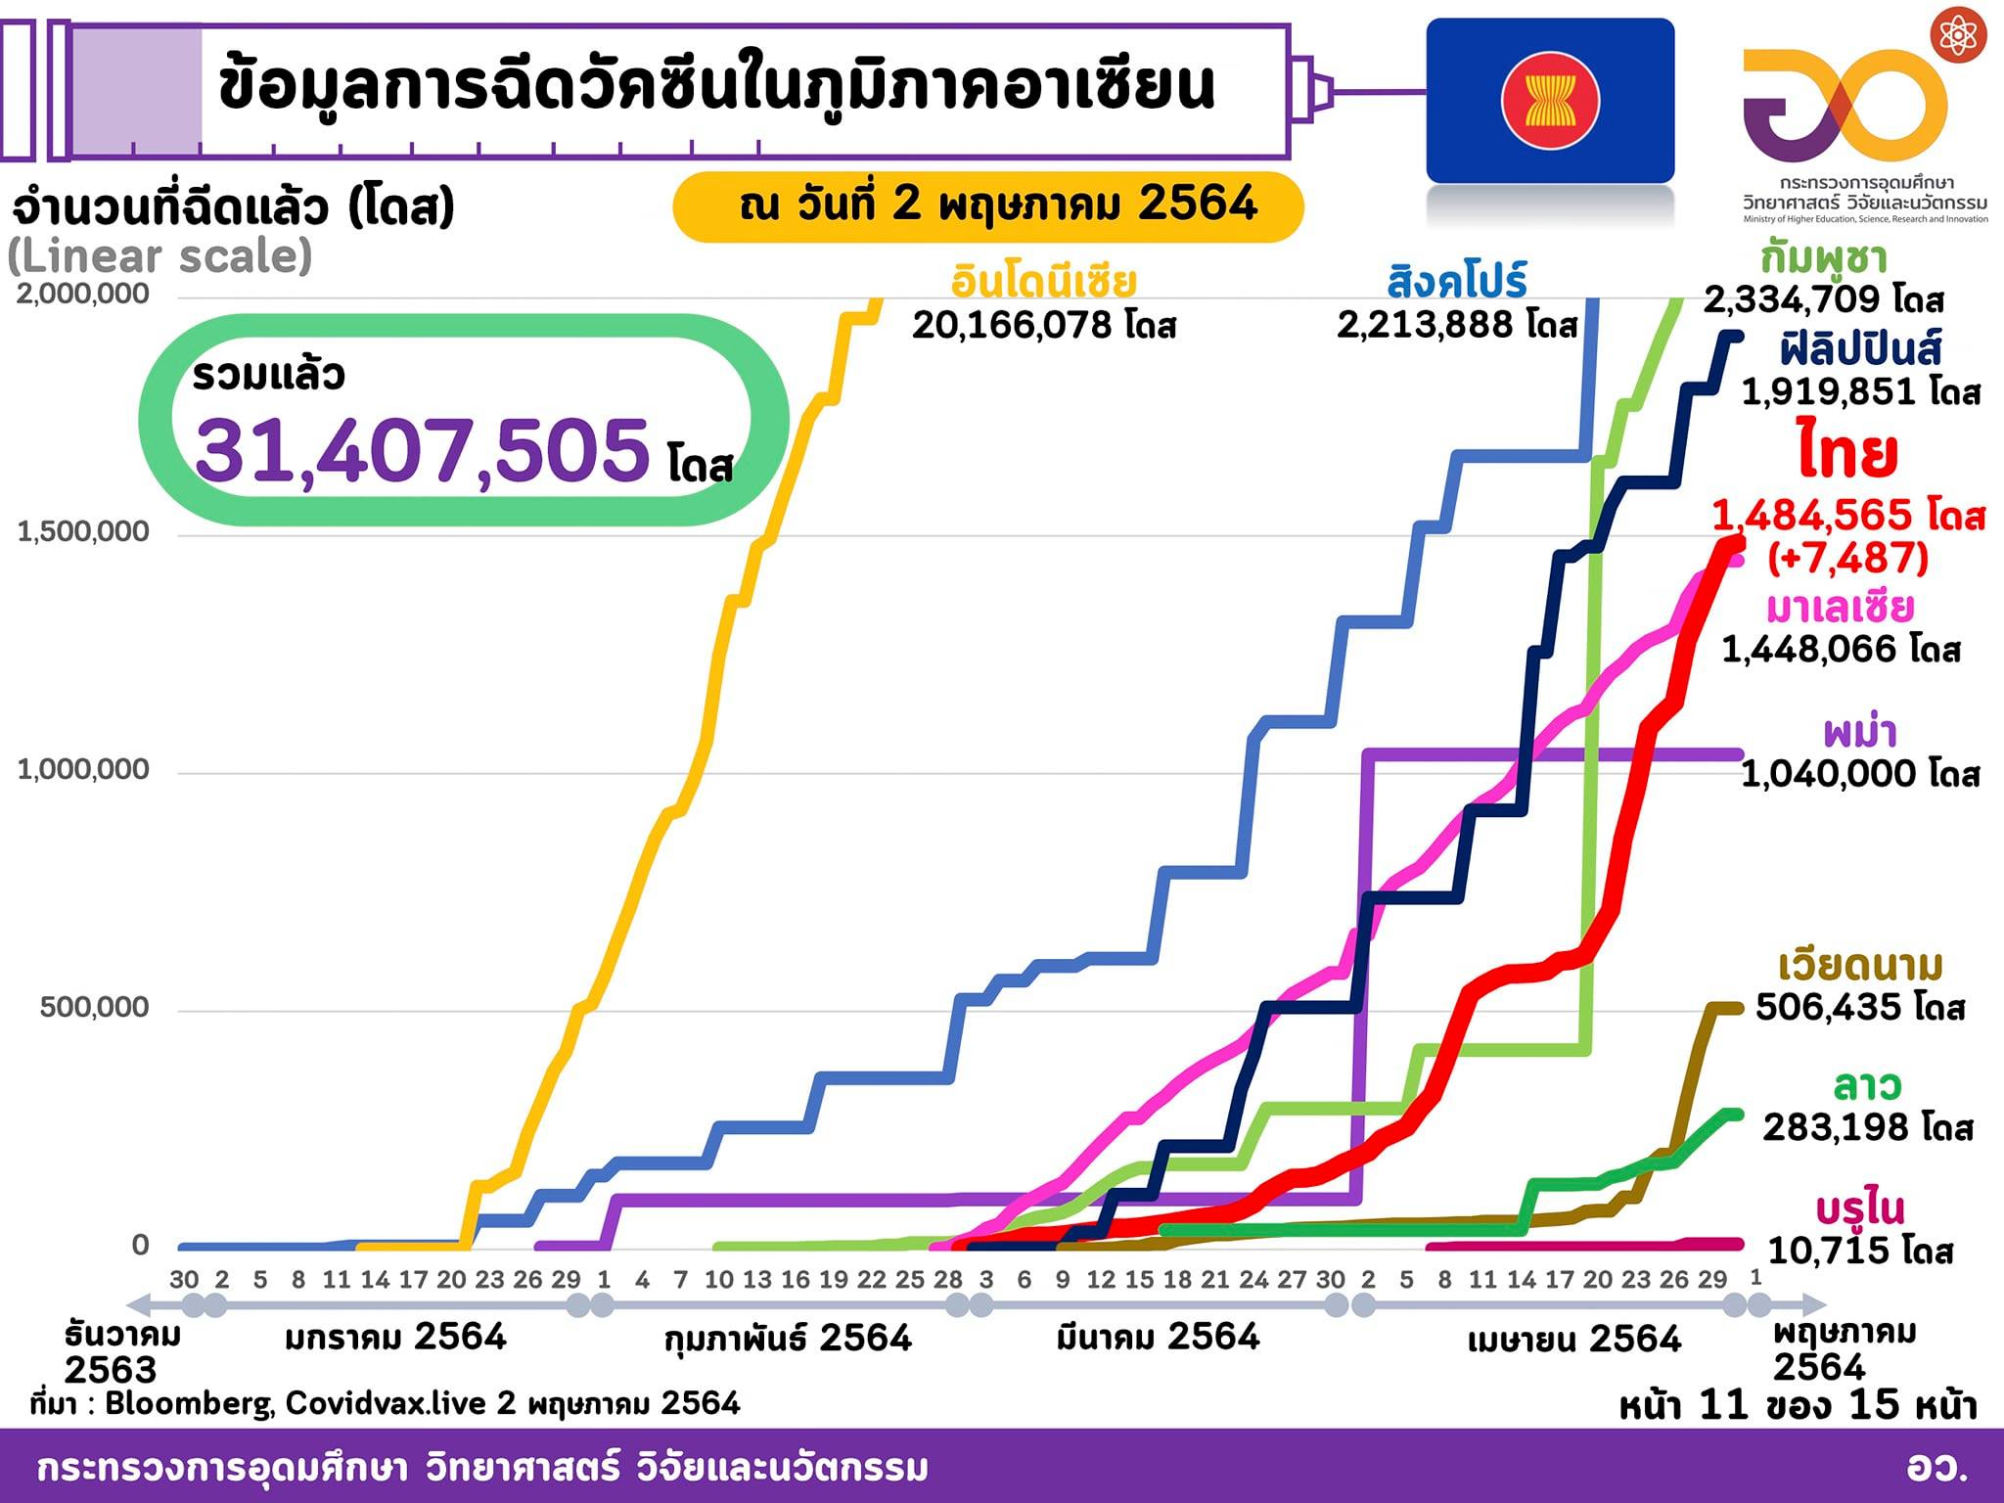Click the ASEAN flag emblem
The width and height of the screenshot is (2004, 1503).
(x=1550, y=101)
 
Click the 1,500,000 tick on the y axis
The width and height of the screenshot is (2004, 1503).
(x=83, y=531)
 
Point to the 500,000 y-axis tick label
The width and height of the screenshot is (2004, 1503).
(x=94, y=1007)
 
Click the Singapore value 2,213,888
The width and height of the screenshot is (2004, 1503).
(x=1432, y=325)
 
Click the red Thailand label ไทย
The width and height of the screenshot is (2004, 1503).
(x=1847, y=453)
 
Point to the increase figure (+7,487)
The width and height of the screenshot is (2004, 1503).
(x=1847, y=558)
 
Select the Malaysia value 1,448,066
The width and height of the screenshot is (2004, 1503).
(x=1816, y=649)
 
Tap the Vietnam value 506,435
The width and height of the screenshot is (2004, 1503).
(x=1835, y=1007)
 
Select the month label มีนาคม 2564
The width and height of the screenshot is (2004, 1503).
(x=1158, y=1337)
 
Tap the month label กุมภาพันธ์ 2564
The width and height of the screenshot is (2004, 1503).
(x=788, y=1338)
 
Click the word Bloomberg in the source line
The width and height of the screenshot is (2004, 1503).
(x=189, y=1403)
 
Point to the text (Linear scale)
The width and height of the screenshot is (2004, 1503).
(x=159, y=256)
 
